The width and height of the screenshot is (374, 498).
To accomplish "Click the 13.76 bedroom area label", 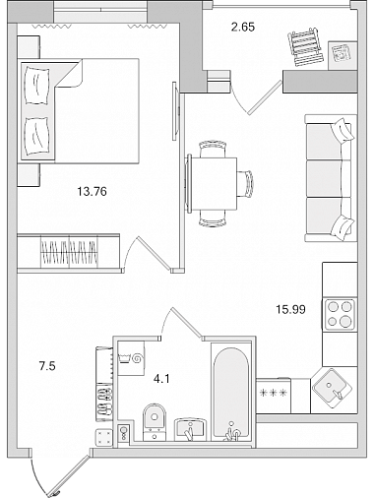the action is pos(92,191).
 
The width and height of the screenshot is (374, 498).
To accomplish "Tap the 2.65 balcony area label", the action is pos(243,27).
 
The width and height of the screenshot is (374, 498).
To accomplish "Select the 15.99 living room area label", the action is pos(290,309).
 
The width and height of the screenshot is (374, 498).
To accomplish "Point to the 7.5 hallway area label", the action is pos(47,365).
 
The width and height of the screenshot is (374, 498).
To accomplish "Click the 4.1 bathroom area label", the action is pos(161,379).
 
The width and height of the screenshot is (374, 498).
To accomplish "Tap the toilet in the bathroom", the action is pos(155,422).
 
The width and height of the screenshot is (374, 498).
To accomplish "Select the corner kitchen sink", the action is pos(333,388).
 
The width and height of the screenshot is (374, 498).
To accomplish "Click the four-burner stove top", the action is pos(340,314).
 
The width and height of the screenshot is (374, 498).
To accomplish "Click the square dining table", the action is pos(214,184).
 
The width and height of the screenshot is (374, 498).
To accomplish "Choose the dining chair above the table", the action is pos(214,149).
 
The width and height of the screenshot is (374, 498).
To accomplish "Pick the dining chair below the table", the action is pos(213,218).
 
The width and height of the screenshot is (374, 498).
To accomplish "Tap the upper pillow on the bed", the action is pos(37,86).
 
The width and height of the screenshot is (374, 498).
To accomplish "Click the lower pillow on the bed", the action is pos(37,136).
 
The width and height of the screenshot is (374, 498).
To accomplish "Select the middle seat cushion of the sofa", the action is pos(324,178).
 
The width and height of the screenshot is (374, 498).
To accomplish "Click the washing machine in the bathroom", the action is pos(131,358).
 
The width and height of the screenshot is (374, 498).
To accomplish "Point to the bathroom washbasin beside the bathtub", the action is pos(191,429).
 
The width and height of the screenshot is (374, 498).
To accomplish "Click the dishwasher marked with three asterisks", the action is pos(274,396).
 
